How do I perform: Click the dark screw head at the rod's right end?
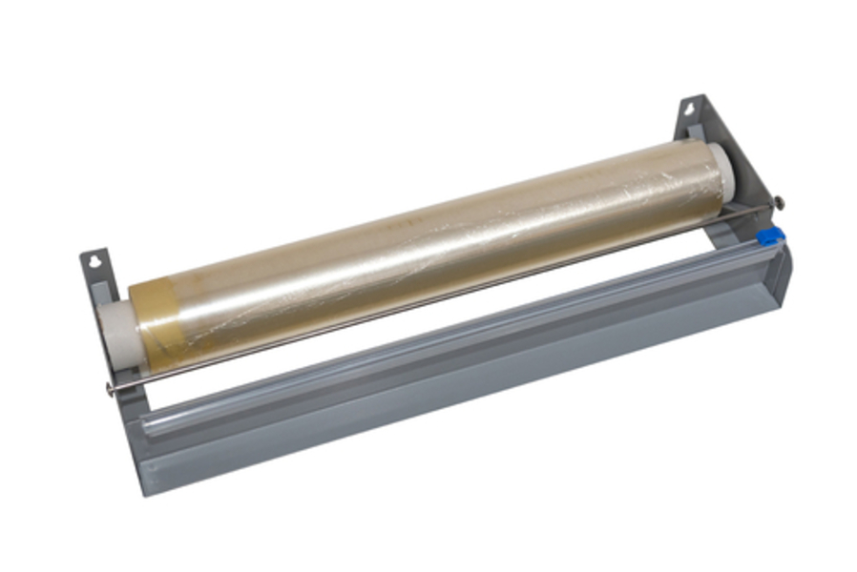[x=779, y=202]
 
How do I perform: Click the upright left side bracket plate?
[x=95, y=286]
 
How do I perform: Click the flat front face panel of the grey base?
[x=458, y=400]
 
